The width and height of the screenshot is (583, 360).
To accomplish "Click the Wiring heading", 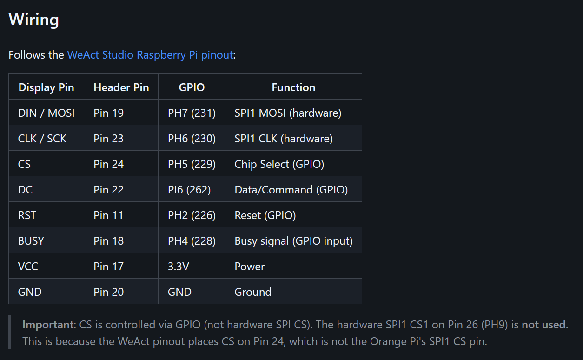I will tap(33, 20).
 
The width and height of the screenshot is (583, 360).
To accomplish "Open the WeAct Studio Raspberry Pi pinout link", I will tap(150, 55).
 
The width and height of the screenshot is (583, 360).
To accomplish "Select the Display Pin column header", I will tap(46, 87).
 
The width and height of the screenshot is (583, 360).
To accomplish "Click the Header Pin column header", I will tap(121, 87).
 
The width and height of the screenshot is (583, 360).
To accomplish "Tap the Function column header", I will tap(293, 87).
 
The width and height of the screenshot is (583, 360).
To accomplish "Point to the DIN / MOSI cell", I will tap(46, 113).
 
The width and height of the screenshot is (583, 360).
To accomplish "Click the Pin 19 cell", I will tap(108, 113).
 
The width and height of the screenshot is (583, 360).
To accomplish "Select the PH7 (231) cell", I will tap(192, 113).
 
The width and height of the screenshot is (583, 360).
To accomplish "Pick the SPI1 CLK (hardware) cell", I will tap(284, 139).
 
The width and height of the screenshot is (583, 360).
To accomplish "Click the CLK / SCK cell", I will tap(42, 139).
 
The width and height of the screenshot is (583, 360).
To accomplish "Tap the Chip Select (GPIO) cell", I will tap(279, 164).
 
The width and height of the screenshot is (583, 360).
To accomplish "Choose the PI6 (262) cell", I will tap(189, 190).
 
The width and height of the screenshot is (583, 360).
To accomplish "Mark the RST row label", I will tap(27, 215).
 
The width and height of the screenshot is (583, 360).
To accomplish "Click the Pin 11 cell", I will tap(108, 215).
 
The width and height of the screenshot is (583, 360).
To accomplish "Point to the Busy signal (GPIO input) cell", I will tap(293, 241).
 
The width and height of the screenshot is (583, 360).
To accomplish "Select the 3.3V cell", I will tap(179, 267).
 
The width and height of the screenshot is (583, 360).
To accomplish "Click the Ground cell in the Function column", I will tap(253, 292).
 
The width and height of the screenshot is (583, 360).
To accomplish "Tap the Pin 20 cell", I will tap(108, 292).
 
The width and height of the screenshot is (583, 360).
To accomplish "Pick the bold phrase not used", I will tap(543, 325).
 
